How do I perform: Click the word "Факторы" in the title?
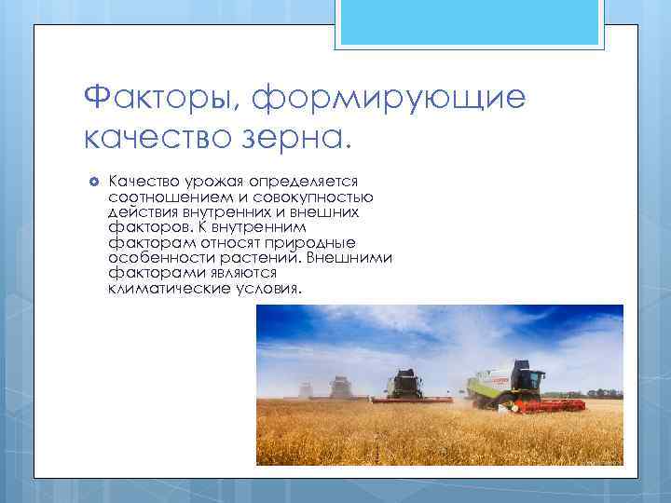159,96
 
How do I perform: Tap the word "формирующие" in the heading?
390,96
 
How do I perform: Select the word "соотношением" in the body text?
164,197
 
